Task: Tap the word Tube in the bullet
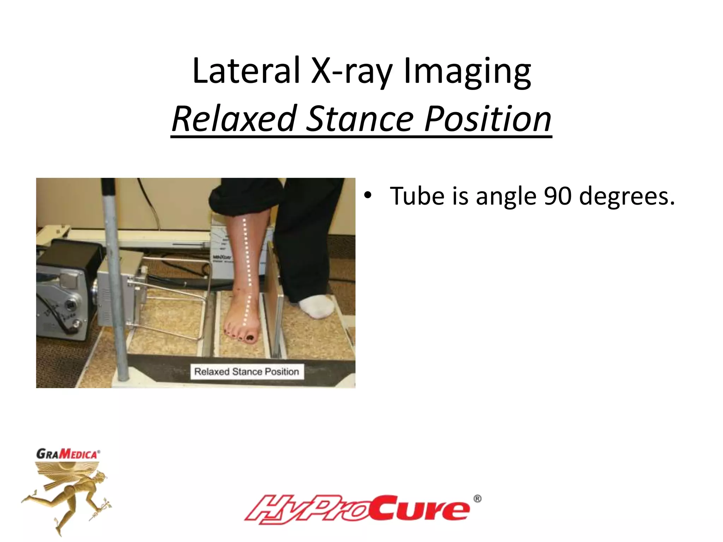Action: [417, 196]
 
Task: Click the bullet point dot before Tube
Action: [368, 196]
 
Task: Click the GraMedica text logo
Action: [68, 454]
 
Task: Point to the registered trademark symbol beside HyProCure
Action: [477, 499]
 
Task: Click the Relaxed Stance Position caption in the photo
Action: [247, 372]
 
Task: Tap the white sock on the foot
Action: [316, 306]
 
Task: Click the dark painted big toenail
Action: [250, 338]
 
